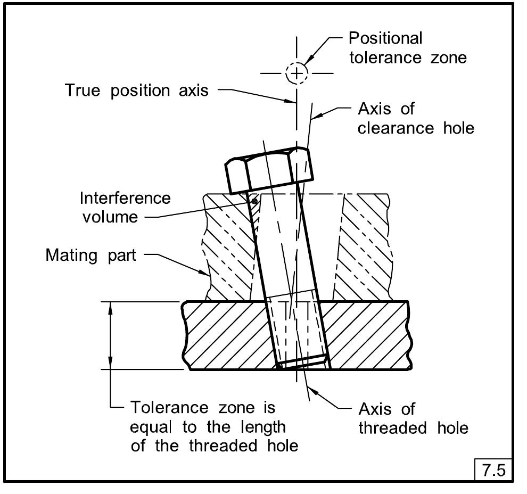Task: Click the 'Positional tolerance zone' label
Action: [x=407, y=47]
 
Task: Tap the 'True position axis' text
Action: [x=136, y=90]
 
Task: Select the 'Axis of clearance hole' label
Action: [x=415, y=118]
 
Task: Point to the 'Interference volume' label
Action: [x=125, y=207]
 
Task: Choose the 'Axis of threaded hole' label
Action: [x=413, y=418]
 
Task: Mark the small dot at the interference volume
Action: [x=255, y=201]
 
